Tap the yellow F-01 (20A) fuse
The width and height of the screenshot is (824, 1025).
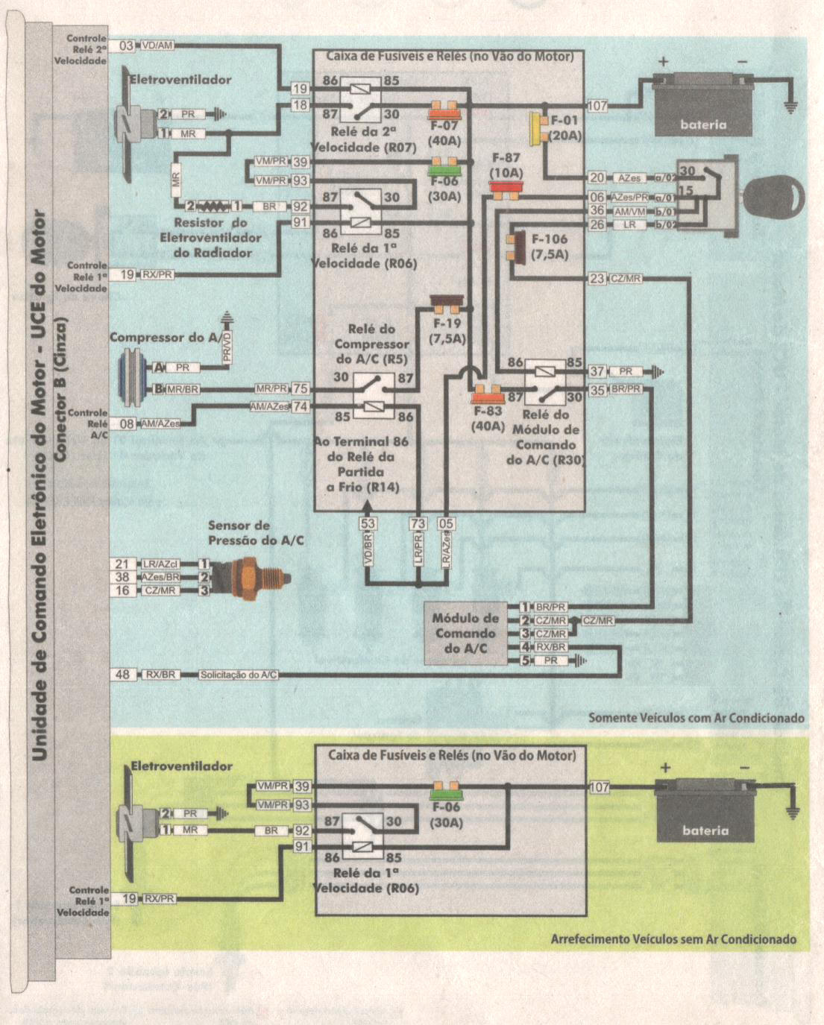pyautogui.click(x=535, y=129)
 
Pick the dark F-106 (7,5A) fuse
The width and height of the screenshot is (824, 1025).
pyautogui.click(x=513, y=247)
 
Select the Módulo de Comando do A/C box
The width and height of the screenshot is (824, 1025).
pyautogui.click(x=466, y=634)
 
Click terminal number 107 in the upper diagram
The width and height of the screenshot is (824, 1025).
pyautogui.click(x=597, y=106)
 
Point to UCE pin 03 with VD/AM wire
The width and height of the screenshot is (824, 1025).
pyautogui.click(x=126, y=45)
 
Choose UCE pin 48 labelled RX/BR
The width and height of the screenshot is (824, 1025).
pyautogui.click(x=122, y=675)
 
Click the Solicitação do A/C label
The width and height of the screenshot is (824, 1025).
pyautogui.click(x=239, y=675)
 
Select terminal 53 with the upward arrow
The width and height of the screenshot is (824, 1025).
pyautogui.click(x=368, y=524)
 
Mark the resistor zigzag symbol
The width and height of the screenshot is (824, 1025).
pyautogui.click(x=213, y=206)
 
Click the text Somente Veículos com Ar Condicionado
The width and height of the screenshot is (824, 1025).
pyautogui.click(x=696, y=718)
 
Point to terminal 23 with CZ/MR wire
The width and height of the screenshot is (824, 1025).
pyautogui.click(x=597, y=279)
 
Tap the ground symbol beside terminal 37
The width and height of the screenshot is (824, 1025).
pyautogui.click(x=658, y=371)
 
